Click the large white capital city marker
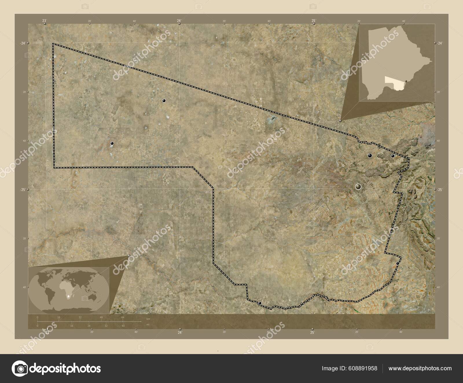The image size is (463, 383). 359,187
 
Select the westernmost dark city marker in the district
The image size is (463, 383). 112,143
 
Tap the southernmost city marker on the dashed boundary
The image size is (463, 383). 260,303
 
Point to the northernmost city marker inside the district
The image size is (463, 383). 164,101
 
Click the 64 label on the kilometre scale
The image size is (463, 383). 123,317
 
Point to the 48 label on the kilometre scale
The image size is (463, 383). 101,317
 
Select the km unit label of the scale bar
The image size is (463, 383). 148,319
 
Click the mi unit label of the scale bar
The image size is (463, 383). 148,325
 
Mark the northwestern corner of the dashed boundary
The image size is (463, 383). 53,44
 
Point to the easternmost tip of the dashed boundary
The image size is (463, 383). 409,158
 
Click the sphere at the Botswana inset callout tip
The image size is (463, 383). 341,120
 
